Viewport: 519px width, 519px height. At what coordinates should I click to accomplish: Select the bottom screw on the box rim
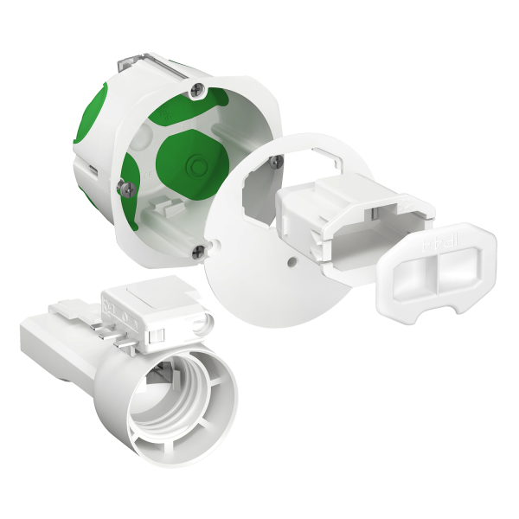pos(201,250)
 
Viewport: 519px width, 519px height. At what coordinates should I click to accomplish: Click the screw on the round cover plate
pos(276,161)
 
